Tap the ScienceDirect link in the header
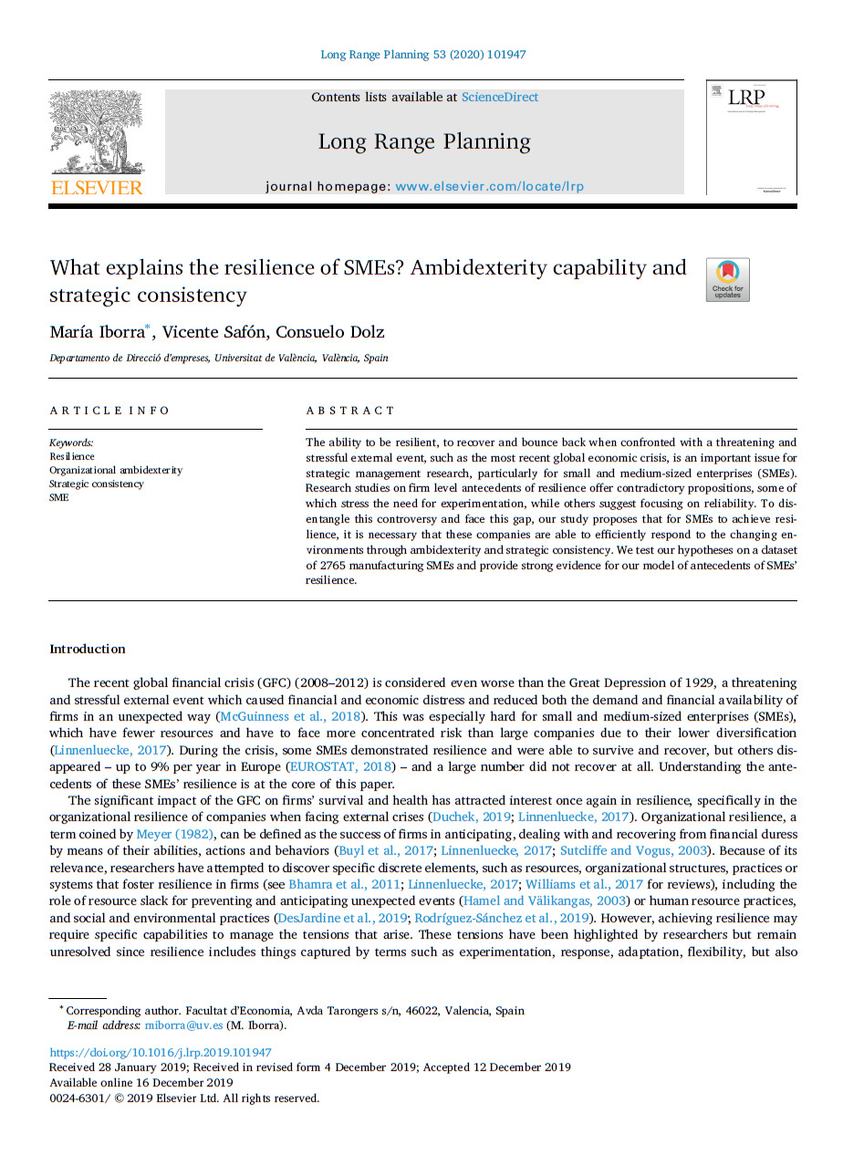coord(500,98)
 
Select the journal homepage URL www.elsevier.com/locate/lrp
coord(489,186)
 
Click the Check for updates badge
coord(727,280)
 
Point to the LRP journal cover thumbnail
coord(751,138)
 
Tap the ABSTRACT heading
coord(350,411)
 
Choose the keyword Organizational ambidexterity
coord(116,471)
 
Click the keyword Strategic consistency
coord(97,484)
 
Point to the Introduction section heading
coord(87,650)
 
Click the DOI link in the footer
coord(160,1053)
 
